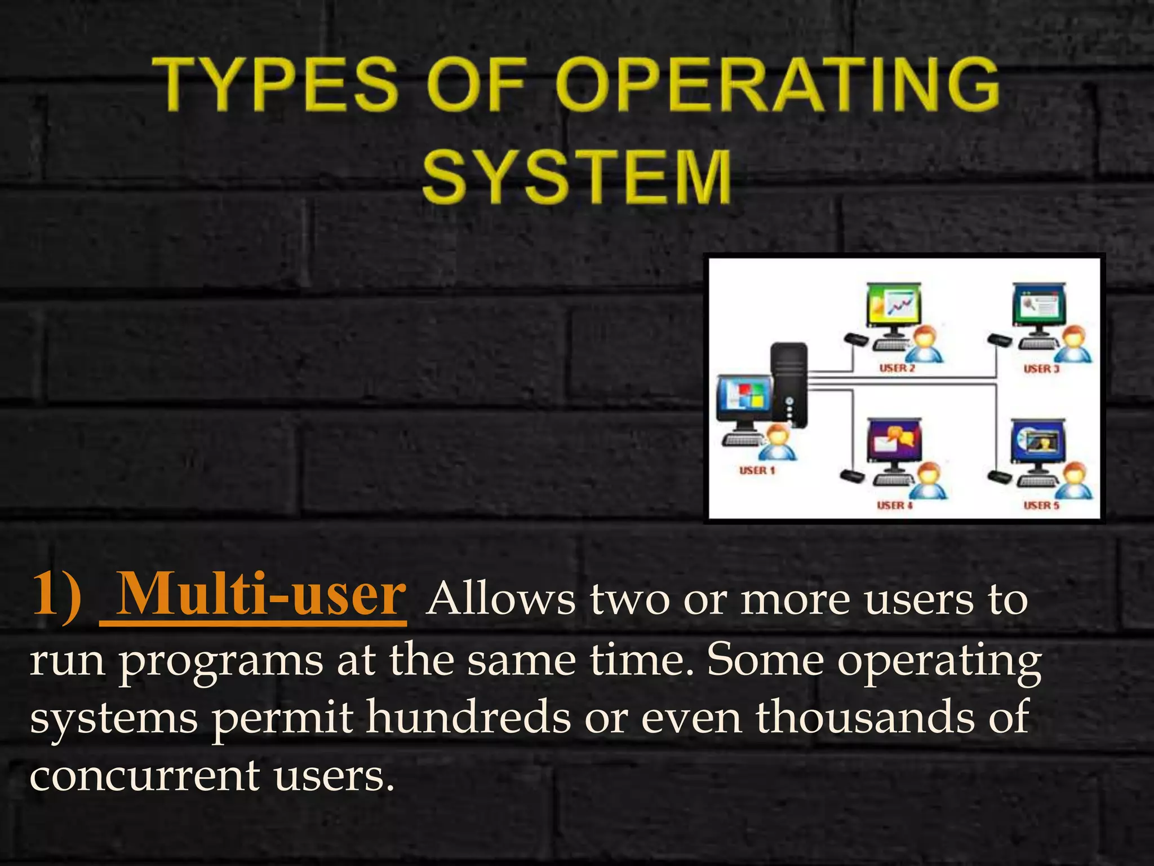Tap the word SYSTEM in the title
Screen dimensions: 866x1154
(x=577, y=176)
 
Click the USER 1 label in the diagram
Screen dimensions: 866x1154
(x=757, y=470)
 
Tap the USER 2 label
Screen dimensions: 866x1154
(x=897, y=368)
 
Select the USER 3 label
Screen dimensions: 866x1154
(x=1041, y=369)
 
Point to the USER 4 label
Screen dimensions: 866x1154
(x=895, y=505)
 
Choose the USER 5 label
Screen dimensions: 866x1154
(x=1041, y=505)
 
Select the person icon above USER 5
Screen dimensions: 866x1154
(x=1074, y=480)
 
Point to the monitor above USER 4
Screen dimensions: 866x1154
(x=894, y=443)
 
